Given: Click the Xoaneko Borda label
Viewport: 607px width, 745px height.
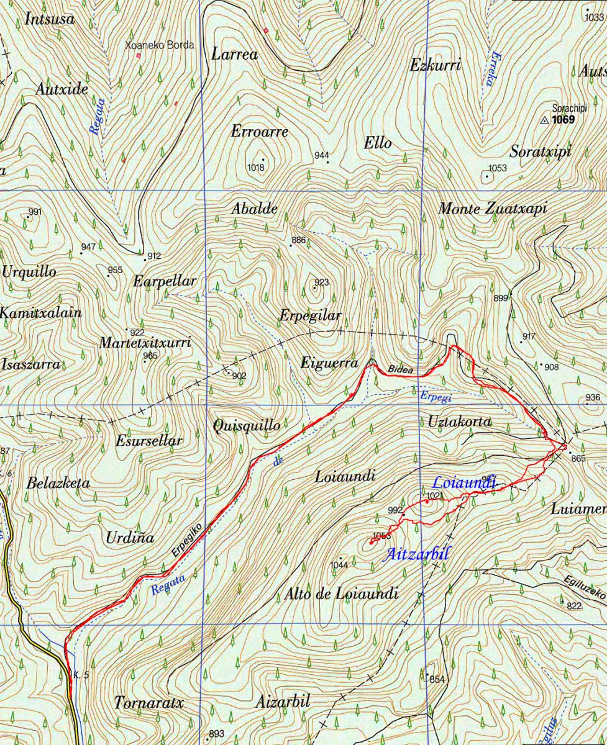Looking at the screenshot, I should click(160, 45).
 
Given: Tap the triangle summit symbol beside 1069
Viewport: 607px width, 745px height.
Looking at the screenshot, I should click(545, 120).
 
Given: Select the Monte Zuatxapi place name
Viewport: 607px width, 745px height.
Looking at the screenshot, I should click(493, 209).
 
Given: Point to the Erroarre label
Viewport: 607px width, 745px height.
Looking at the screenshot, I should click(260, 132).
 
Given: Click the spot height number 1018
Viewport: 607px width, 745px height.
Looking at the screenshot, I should click(256, 167).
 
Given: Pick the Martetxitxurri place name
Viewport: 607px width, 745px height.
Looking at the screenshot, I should click(145, 343).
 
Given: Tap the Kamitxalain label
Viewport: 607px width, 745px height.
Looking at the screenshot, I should click(41, 313).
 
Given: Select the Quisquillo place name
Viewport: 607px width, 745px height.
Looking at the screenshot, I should click(246, 426).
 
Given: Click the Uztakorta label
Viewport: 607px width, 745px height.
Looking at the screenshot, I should click(460, 422).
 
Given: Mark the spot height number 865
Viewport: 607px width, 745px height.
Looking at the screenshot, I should click(578, 459).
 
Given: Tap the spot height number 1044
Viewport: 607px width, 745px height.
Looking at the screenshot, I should click(339, 564).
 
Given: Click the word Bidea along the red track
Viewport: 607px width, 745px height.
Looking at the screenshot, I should click(401, 369).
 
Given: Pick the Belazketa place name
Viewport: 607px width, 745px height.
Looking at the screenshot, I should click(58, 483).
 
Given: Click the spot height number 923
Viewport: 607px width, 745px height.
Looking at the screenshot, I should click(321, 282).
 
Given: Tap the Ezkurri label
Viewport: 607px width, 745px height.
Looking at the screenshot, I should click(436, 65).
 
